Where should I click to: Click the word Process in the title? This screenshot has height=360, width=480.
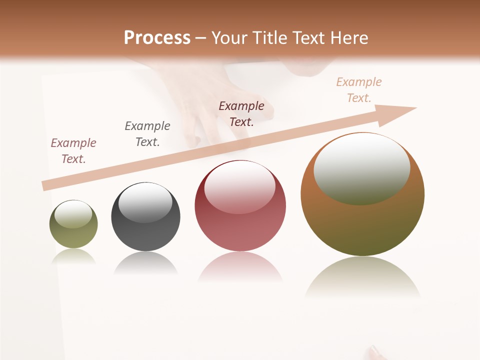[x=157, y=38]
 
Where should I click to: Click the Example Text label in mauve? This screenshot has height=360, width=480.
[x=73, y=151]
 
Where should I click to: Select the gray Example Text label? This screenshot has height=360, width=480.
[x=147, y=134]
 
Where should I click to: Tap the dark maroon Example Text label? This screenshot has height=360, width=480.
[x=241, y=114]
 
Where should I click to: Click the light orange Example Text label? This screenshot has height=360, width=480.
[x=359, y=90]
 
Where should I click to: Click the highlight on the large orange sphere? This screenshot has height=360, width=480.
[x=361, y=169]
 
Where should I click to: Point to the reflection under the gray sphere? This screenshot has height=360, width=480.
[x=145, y=262]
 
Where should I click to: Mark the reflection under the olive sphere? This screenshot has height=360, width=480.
[x=73, y=256]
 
